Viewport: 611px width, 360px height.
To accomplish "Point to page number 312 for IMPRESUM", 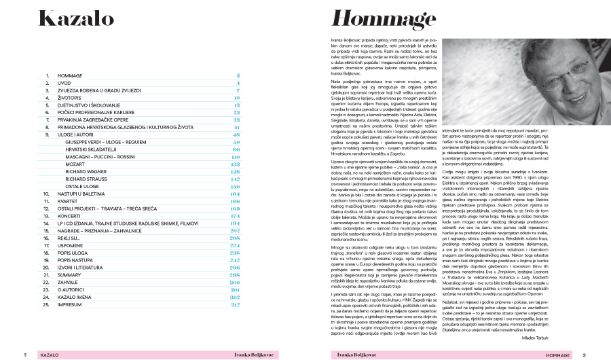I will click(236, 304).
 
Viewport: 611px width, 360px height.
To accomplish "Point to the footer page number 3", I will click(586, 355).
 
